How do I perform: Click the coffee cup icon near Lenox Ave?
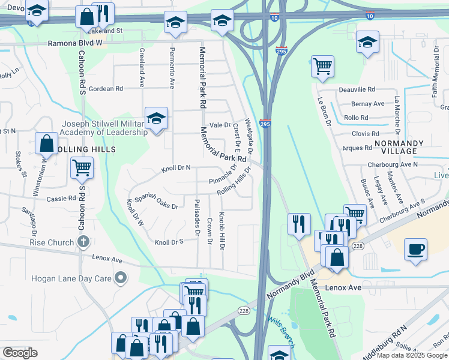point(415,248)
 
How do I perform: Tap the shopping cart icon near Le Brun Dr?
point(323,65)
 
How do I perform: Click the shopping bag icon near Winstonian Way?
point(47,144)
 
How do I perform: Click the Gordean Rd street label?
point(106,88)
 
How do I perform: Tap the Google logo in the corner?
point(20,353)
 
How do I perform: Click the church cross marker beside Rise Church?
point(83,242)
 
